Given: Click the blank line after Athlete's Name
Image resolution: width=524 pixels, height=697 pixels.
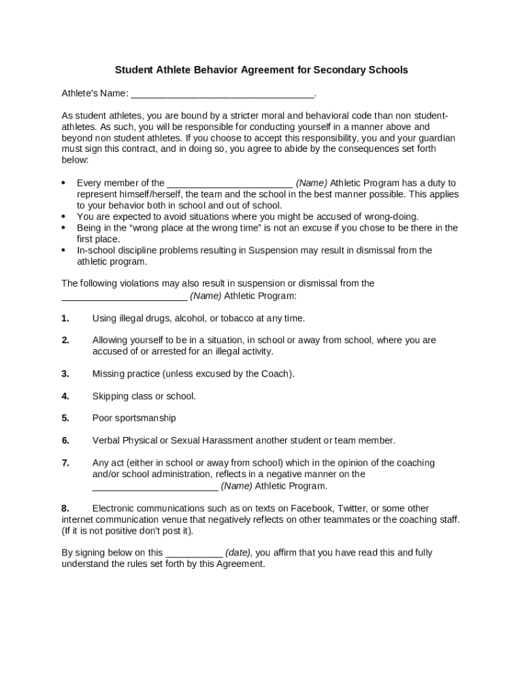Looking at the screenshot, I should click(x=223, y=94).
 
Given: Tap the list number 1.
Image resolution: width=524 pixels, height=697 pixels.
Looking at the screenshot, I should click(x=65, y=318).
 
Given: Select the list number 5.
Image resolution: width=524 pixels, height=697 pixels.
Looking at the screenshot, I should click(x=65, y=418).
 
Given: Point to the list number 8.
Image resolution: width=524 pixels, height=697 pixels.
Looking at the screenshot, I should click(x=65, y=508).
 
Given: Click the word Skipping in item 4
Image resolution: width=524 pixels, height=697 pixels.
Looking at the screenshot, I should click(x=110, y=396).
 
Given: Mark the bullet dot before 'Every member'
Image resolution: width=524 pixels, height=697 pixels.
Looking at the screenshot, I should click(x=63, y=183).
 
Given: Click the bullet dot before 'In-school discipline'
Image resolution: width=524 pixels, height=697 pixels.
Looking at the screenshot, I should click(x=63, y=250).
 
